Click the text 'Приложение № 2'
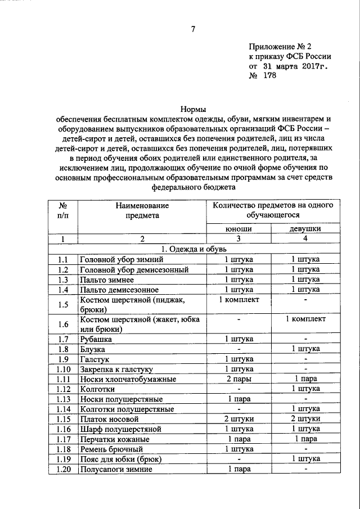[x=280, y=46]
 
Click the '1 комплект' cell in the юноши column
[x=238, y=300]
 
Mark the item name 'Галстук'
[x=93, y=359]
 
